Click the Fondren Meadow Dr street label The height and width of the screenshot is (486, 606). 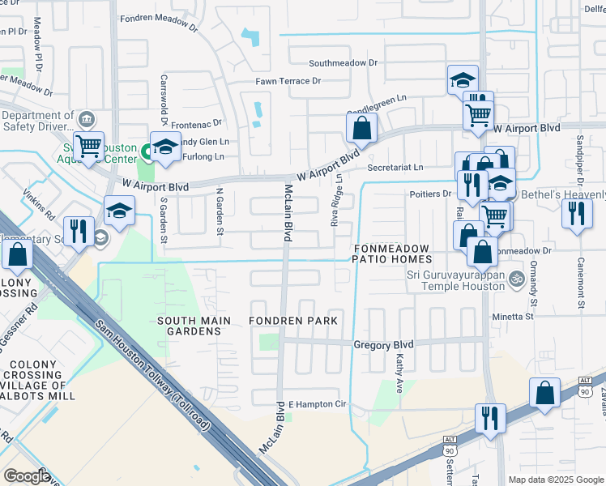point(159,20)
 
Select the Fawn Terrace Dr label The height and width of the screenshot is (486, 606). point(288,81)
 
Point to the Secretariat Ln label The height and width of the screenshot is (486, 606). point(395,168)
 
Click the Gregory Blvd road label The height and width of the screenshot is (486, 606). point(383,344)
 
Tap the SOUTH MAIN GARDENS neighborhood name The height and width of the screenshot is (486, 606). point(189,326)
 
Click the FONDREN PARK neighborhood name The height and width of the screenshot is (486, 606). point(293,322)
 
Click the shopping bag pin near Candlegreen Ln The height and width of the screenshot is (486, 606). point(361,127)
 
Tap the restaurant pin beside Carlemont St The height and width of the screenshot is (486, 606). point(576,214)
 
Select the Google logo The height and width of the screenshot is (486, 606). point(27,475)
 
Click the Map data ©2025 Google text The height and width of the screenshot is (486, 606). point(555,480)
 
